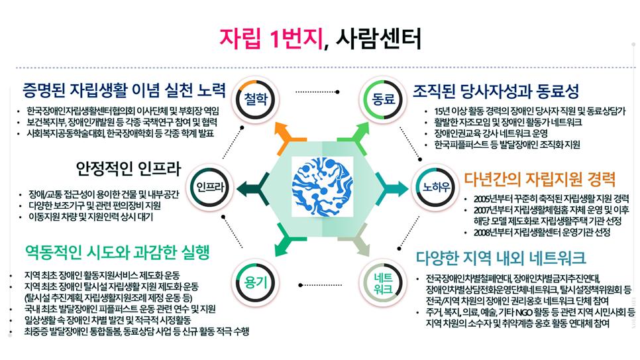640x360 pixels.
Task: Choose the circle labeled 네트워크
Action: pyautogui.click(x=382, y=282)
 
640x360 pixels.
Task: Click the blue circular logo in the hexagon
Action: pyautogui.click(x=320, y=185)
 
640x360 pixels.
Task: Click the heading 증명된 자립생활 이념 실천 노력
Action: pyautogui.click(x=125, y=90)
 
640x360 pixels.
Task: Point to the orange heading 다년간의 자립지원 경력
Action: pyautogui.click(x=540, y=179)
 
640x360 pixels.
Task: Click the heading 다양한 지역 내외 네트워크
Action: pyautogui.click(x=501, y=257)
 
